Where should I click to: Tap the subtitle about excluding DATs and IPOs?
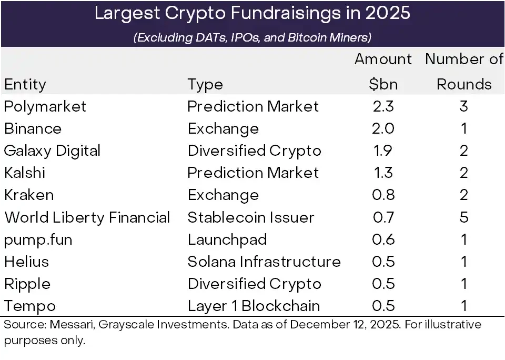coord(252,37)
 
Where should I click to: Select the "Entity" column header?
coord(25,84)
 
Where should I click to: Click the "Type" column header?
coord(205,84)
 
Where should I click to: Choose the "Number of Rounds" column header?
coord(464,72)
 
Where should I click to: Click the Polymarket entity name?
coord(45,106)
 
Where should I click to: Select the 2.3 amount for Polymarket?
coord(383,106)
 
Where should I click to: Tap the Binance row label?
coord(33,128)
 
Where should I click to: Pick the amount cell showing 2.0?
coord(383,128)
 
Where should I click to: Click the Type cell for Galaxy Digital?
coord(254,151)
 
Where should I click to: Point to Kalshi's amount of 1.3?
coord(383,173)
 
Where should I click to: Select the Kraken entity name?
coord(28,195)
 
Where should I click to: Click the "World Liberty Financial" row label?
coord(87,217)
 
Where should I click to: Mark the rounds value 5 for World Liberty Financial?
coord(464,217)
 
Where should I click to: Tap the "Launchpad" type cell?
coord(227,239)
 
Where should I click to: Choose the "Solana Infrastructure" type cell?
coord(264,262)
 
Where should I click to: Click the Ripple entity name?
coord(27,284)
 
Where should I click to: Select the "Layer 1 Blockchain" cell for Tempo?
coord(254,306)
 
